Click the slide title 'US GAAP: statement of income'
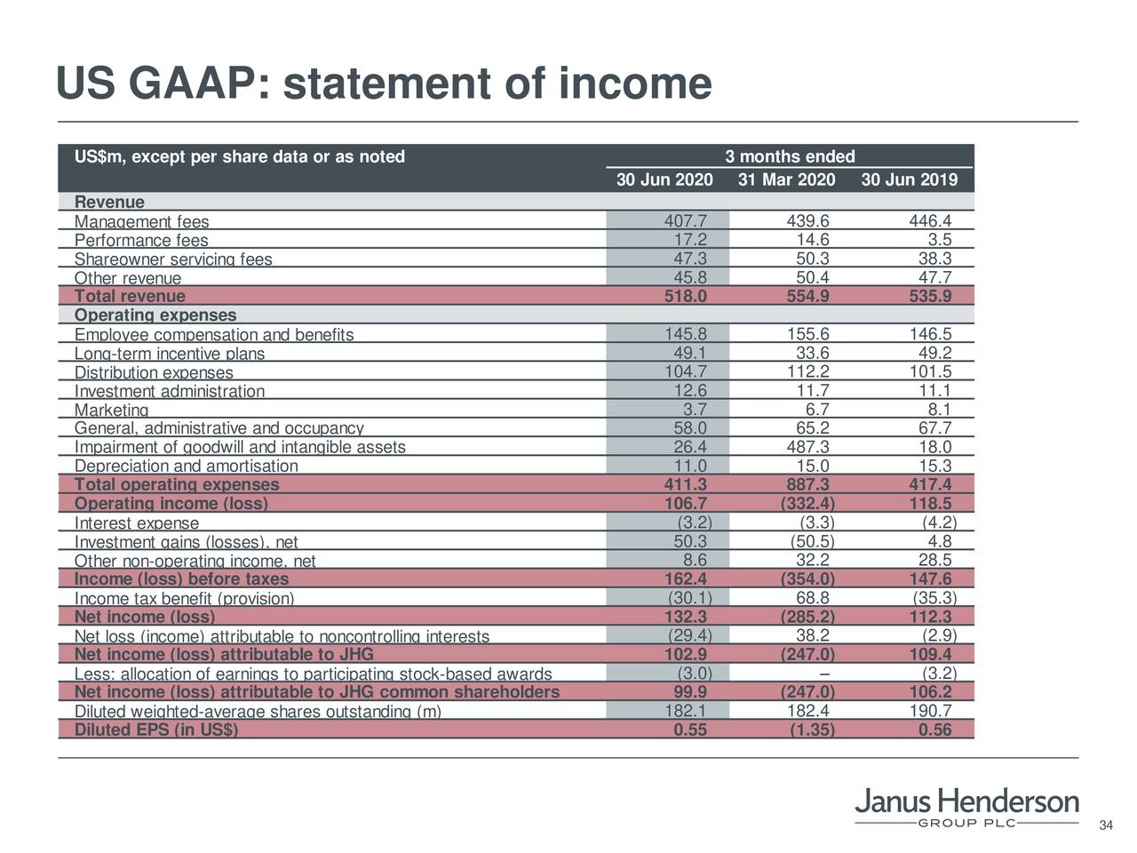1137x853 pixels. tap(383, 85)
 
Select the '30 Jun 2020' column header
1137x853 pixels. tap(664, 180)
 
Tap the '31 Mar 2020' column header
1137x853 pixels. tap(786, 180)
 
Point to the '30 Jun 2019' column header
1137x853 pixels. tap(909, 180)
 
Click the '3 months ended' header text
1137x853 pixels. tap(790, 157)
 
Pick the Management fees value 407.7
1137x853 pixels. tap(686, 221)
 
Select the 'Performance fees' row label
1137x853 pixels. tap(141, 241)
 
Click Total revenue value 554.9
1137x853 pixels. tap(808, 297)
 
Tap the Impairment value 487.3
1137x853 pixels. tap(808, 447)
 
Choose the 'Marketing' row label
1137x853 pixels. tap(111, 410)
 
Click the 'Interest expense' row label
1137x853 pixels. tap(137, 523)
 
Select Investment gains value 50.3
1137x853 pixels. tap(690, 541)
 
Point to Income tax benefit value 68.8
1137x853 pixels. tap(813, 598)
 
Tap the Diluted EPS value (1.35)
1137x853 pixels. tap(811, 730)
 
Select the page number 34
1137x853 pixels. tap(1106, 826)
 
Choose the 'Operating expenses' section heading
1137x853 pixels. tap(155, 315)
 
